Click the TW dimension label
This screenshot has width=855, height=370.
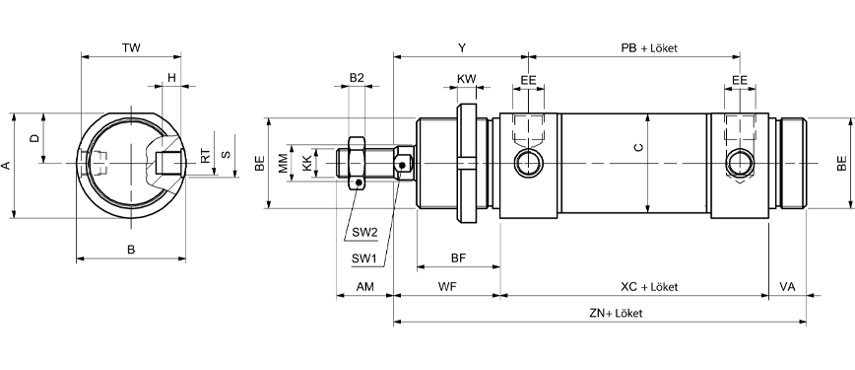tap(131, 47)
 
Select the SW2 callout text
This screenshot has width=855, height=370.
tap(364, 232)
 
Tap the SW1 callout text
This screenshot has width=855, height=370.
tap(363, 258)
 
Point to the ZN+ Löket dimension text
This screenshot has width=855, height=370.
tap(616, 313)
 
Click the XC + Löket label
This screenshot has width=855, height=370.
tap(649, 287)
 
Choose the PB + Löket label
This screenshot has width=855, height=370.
tap(649, 48)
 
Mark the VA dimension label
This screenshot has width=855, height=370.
tap(787, 287)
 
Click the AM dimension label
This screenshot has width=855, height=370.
tap(364, 287)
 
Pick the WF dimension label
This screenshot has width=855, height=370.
tap(447, 287)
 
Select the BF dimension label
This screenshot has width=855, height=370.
tap(459, 258)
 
